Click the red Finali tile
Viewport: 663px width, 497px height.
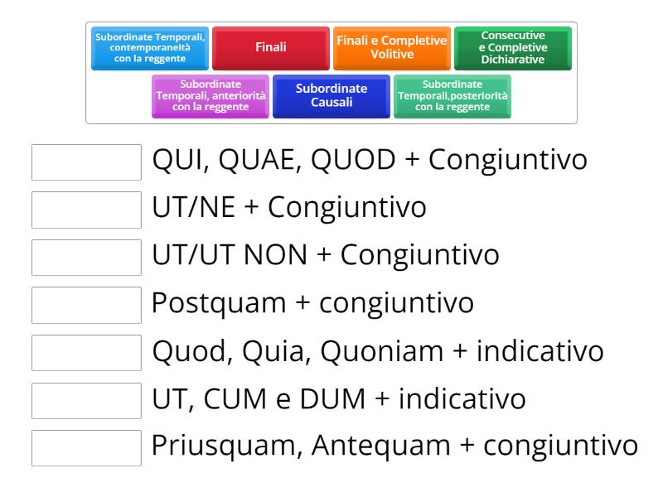click(270, 48)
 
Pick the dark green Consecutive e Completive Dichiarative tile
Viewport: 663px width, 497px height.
click(512, 48)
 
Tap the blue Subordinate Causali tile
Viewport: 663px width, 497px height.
click(331, 96)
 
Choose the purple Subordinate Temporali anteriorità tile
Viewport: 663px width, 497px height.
click(211, 96)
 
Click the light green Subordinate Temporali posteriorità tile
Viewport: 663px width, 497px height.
click(452, 96)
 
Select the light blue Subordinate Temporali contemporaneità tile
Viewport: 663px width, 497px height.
click(150, 48)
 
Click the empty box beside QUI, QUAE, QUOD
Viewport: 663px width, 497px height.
click(86, 162)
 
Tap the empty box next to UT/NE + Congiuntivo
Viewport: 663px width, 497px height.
click(86, 210)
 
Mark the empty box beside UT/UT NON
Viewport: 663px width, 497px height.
click(86, 258)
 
